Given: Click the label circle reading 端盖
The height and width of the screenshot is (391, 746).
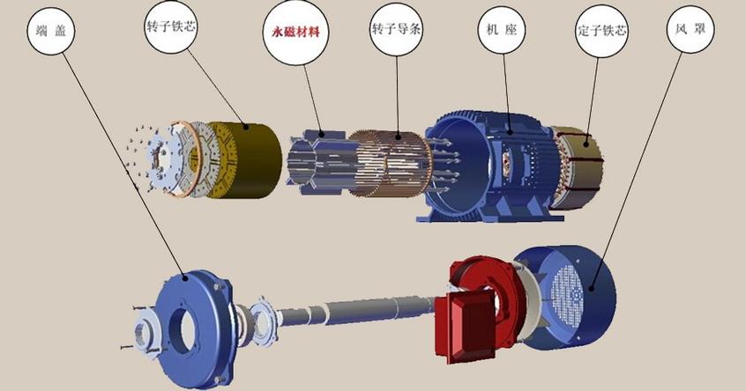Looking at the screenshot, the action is (x=51, y=31).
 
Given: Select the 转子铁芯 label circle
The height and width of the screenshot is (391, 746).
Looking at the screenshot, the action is (x=171, y=26).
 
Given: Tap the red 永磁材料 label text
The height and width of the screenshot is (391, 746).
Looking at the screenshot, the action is (x=295, y=33).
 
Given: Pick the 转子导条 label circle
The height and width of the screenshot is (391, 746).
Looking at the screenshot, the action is (x=396, y=30).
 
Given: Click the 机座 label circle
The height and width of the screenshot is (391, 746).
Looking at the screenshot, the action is (x=502, y=30).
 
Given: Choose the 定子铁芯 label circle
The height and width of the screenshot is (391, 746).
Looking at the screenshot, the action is (x=602, y=32).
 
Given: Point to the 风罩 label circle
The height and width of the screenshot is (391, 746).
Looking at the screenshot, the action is (x=690, y=28).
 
